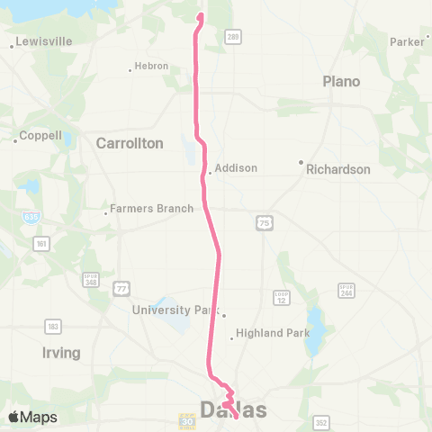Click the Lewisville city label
tap(37, 42)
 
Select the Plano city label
tap(341, 82)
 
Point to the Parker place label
tap(407, 41)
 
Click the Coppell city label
tap(41, 136)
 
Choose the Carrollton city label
tap(130, 143)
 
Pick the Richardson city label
tap(337, 168)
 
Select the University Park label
tap(175, 310)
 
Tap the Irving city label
tap(61, 353)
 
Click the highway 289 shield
tap(233, 37)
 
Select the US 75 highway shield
tap(263, 223)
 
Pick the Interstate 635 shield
tap(31, 217)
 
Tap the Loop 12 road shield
tap(281, 297)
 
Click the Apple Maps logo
tap(31, 417)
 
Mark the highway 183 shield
tap(54, 327)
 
